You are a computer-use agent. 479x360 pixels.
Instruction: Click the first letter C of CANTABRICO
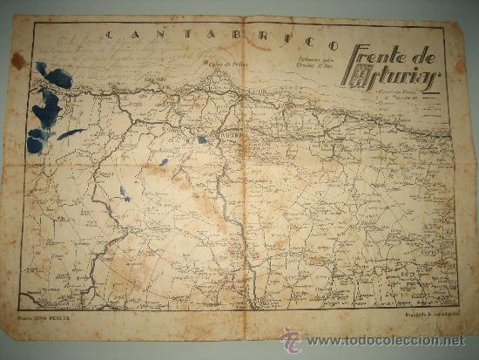(109, 36)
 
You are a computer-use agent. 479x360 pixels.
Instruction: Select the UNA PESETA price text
(59, 329)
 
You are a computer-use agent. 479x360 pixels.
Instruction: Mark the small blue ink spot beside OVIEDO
(202, 139)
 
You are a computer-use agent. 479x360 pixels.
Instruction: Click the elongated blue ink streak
(71, 133)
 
